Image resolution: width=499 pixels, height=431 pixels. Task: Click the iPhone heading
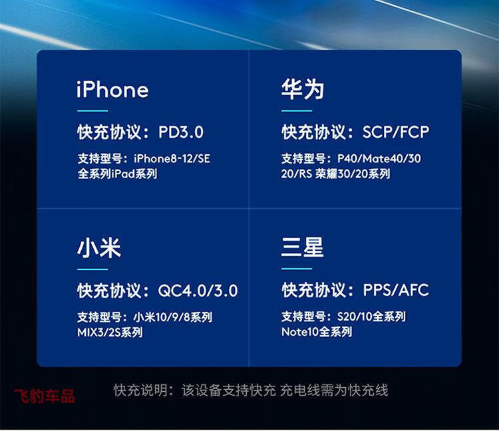point(112,89)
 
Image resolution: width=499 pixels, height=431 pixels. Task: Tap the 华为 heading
point(303,89)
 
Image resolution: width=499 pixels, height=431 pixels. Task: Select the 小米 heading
point(99,247)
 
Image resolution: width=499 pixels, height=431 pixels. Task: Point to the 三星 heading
point(302,247)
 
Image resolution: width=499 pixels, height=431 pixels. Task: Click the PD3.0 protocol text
point(181,132)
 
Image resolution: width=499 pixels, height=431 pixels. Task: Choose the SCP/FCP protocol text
point(396,132)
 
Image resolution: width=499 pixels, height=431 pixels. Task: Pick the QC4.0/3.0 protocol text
point(198,291)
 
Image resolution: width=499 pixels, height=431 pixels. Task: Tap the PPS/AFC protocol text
point(397,290)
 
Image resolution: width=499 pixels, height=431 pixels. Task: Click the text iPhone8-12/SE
point(172,158)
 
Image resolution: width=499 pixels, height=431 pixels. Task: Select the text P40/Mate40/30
point(379,158)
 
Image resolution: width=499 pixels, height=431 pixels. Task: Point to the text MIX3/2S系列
point(110,333)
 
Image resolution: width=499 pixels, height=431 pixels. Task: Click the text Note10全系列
point(317,332)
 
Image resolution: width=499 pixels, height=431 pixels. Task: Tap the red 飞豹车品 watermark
point(45,396)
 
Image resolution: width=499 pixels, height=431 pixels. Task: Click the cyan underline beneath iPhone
point(92,111)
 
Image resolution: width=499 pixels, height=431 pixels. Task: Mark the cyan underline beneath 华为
point(297,111)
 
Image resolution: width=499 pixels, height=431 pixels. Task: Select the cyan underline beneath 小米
point(92,269)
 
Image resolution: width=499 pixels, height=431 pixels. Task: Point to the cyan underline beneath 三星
point(297,269)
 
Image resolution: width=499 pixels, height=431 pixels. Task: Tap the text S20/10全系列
point(371,317)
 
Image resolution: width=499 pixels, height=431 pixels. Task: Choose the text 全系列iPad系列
point(117,174)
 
